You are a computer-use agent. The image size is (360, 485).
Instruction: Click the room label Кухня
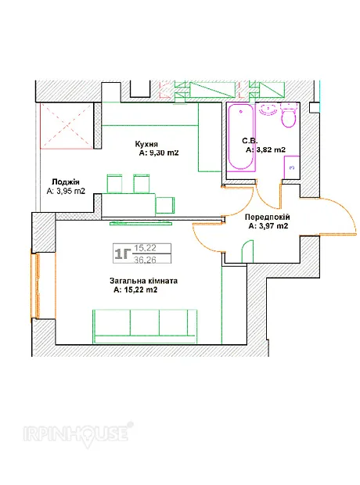tap(146, 144)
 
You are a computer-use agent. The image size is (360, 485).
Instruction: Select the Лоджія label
tap(66, 181)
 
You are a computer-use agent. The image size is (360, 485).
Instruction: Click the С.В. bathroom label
tap(250, 141)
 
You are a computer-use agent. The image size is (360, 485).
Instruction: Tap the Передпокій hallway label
tap(268, 217)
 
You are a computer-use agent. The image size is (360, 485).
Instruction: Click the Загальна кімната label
tap(144, 281)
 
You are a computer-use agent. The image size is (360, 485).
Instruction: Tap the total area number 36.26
tap(145, 260)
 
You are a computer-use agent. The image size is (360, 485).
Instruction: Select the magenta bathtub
tap(241, 137)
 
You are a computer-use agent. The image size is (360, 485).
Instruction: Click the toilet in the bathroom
tap(289, 115)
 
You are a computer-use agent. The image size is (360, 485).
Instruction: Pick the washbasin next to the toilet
tap(268, 110)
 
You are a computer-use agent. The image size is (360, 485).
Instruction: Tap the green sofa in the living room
tap(145, 326)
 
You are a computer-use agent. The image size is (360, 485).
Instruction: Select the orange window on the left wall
tap(34, 286)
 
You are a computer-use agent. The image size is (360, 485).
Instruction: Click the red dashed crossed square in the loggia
tap(67, 126)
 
